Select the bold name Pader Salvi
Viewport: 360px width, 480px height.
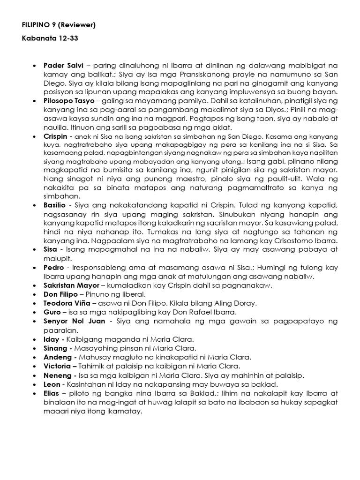click(x=63, y=65)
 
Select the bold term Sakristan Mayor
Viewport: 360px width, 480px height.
click(x=71, y=285)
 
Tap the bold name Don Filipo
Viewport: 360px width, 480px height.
click(x=61, y=294)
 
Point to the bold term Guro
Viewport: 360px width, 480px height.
click(x=52, y=312)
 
